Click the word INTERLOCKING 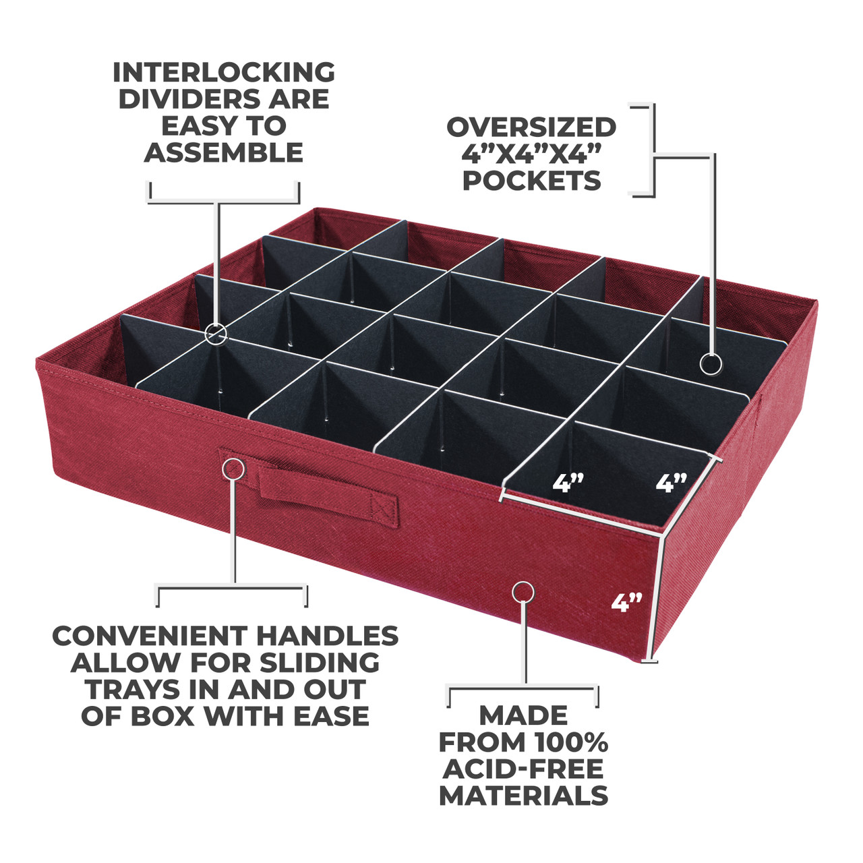[223, 72]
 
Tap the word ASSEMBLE [223, 153]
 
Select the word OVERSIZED [531, 127]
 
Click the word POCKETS [531, 181]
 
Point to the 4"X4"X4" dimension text [531, 154]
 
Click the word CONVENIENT [150, 636]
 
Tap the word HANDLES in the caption [328, 636]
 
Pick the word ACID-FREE [523, 769]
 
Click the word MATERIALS [523, 796]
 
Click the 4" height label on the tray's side [626, 602]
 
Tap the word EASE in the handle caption [332, 716]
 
